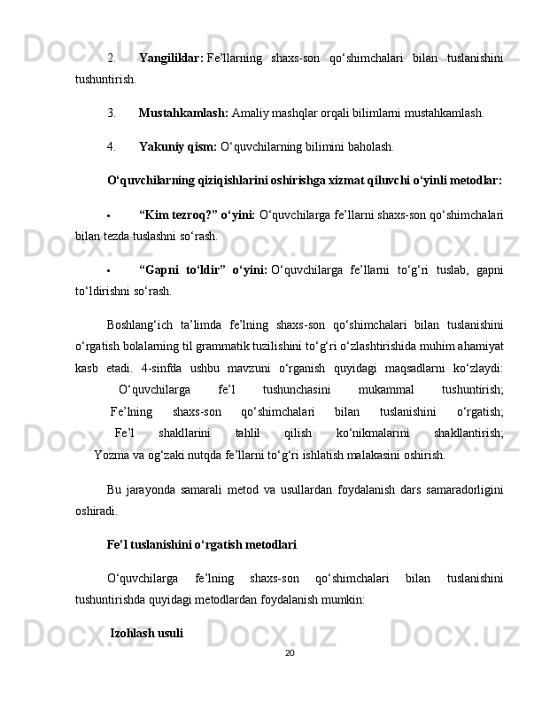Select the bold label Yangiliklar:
click(171, 58)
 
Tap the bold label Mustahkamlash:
click(183, 113)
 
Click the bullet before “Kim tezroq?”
click(107, 215)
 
